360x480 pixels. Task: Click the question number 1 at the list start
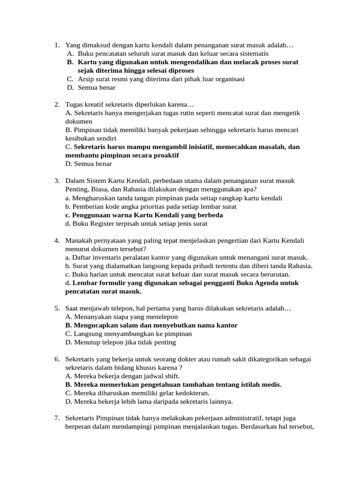point(56,45)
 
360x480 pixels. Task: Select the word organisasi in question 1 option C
point(227,79)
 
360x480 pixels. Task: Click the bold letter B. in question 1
point(70,62)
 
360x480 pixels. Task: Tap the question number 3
point(56,180)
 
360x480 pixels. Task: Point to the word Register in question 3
point(103,224)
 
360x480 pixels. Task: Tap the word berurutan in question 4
point(272,274)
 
